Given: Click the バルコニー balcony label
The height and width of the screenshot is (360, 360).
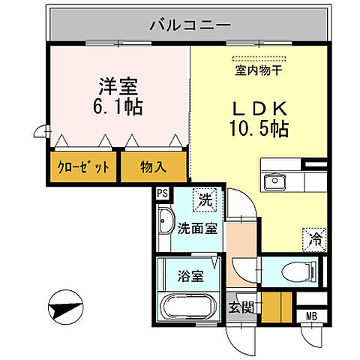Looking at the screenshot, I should click(190, 25).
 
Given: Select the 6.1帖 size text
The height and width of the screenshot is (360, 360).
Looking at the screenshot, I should click(118, 106).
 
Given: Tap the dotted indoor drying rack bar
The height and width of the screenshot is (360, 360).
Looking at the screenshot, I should click(258, 58).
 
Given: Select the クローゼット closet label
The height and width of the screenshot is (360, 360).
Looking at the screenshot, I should click(83, 167).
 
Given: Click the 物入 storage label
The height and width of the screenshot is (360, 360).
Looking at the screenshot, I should click(153, 167).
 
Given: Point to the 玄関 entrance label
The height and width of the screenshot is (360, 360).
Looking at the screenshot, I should click(241, 307).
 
